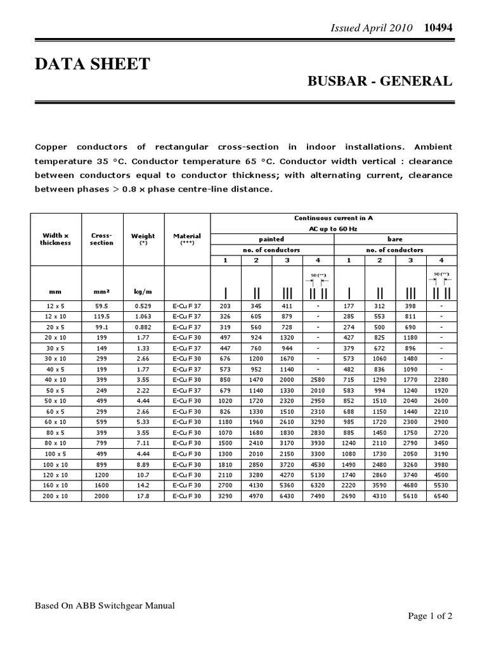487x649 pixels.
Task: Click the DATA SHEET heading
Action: [92, 64]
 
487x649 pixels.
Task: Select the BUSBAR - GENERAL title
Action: [380, 81]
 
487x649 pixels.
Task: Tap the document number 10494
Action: [438, 28]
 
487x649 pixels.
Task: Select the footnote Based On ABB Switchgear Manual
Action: [105, 605]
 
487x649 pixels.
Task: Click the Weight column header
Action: [142, 238]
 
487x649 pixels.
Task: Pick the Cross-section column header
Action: [101, 238]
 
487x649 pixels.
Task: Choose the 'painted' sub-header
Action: [271, 240]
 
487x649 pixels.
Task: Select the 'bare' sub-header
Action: [394, 240]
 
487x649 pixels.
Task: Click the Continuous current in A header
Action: [334, 217]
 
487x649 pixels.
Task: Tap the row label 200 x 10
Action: [56, 496]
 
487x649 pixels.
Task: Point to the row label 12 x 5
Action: [56, 306]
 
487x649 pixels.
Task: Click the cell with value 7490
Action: [318, 496]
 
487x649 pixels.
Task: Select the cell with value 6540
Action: [441, 496]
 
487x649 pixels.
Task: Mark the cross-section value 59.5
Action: [101, 306]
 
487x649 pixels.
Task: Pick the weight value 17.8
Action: [142, 496]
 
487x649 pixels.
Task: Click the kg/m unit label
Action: [142, 292]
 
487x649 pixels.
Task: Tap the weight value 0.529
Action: [142, 306]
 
